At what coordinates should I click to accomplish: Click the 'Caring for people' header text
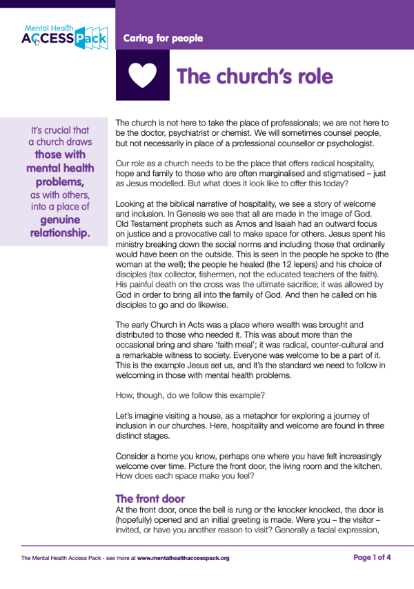click(163, 38)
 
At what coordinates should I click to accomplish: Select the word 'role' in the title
click(307, 76)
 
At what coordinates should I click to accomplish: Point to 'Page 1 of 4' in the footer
click(372, 557)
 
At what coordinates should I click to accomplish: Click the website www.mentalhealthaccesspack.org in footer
click(183, 557)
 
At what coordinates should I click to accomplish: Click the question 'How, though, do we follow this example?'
click(190, 396)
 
